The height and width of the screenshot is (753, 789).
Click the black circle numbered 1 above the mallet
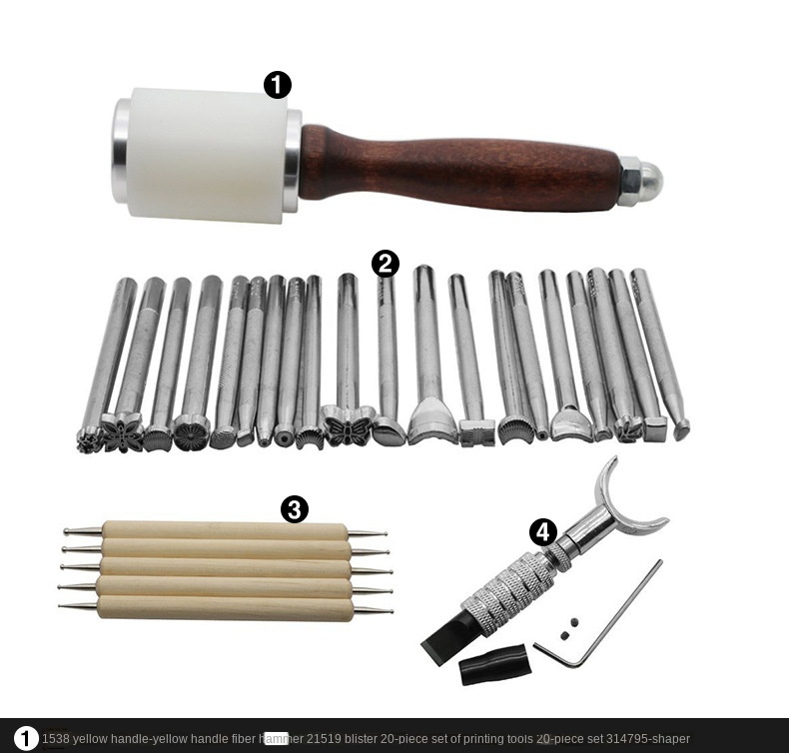(278, 85)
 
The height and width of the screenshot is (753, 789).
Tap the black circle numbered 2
(386, 264)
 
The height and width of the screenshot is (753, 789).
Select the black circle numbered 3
(294, 509)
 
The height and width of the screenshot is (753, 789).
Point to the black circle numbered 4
(542, 531)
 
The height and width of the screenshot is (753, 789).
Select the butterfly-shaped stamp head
(348, 427)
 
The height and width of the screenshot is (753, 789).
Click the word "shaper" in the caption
(668, 739)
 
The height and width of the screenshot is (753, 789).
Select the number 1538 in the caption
(55, 739)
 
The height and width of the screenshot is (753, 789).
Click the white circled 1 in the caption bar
(26, 739)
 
